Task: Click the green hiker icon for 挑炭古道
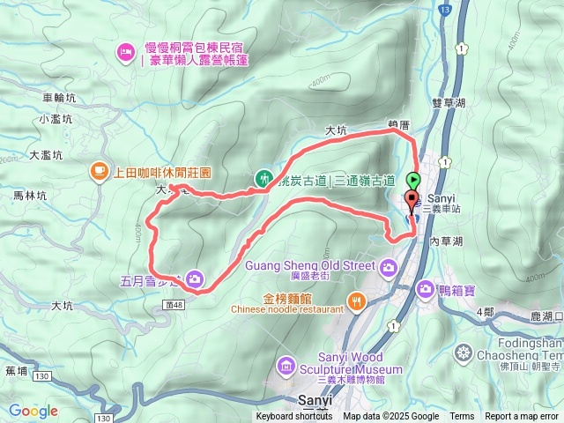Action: [x=262, y=178]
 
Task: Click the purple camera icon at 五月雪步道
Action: [x=192, y=279]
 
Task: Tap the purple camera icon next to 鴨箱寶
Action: [x=426, y=287]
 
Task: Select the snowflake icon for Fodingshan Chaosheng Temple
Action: [x=463, y=353]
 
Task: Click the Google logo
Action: [x=33, y=411]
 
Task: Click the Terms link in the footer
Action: [x=462, y=417]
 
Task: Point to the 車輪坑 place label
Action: [x=61, y=99]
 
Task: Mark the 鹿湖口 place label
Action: [x=546, y=315]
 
